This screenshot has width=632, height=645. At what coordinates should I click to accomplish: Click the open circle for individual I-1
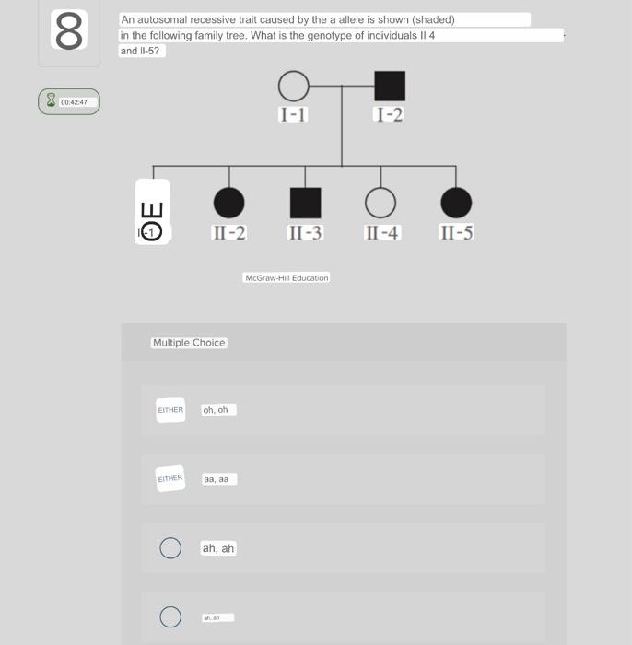pos(293,87)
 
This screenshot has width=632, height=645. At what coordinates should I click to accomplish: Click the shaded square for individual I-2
pos(390,87)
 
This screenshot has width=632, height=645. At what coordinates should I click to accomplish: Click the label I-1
pos(293,115)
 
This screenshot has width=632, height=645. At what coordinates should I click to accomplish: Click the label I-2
pos(390,115)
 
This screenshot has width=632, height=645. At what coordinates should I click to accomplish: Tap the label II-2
pos(228,232)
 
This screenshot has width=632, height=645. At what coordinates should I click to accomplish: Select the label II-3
pos(305,232)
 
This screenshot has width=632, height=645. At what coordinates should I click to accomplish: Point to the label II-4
pos(381,232)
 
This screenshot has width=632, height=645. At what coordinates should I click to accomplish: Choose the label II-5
pos(456,232)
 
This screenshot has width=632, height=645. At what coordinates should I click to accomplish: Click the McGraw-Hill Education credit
pos(287,277)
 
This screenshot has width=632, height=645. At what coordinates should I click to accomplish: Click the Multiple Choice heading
pos(189,343)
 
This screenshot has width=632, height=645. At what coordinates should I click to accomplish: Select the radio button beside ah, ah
pos(170,548)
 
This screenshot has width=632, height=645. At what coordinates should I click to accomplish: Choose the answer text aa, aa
pos(220,479)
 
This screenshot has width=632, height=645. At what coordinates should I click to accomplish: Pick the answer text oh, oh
pos(219,410)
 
